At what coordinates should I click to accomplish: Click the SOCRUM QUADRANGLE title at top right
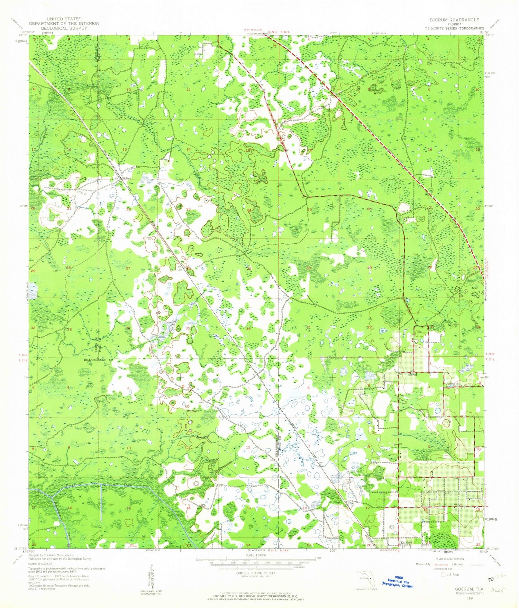tap(454, 20)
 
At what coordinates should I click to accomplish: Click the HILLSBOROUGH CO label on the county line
tap(98, 360)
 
